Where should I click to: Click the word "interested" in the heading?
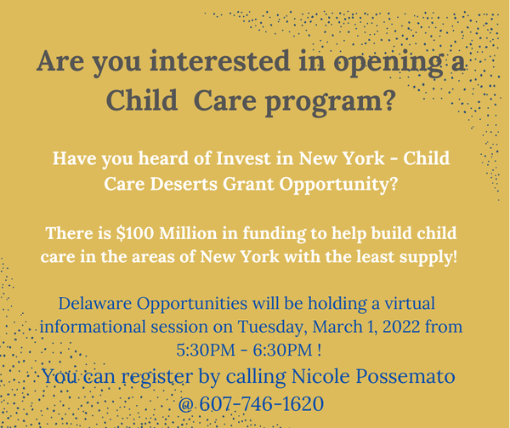click(x=219, y=61)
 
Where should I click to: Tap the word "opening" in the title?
click(x=388, y=65)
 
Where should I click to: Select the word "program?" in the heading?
click(x=330, y=102)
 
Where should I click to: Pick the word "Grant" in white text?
click(x=248, y=184)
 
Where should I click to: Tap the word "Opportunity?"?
click(x=338, y=185)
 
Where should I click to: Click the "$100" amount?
click(x=135, y=234)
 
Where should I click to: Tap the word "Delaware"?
click(x=95, y=303)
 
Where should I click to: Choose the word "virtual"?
click(x=410, y=303)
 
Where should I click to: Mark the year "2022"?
click(x=401, y=327)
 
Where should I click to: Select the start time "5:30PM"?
click(x=206, y=351)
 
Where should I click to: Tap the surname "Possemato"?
click(x=405, y=376)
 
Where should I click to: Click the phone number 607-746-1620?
click(x=262, y=404)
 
